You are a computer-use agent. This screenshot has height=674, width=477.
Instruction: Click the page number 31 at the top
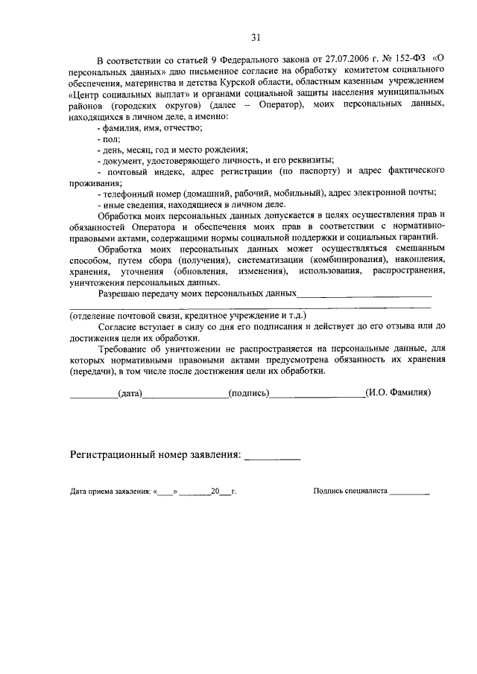click(256, 37)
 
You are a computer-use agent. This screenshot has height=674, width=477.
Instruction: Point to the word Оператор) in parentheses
click(278, 105)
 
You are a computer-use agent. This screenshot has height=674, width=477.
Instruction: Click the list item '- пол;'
click(109, 139)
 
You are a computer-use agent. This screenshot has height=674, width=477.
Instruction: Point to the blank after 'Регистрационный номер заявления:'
click(272, 457)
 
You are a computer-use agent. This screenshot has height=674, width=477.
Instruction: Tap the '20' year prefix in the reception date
click(215, 492)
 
